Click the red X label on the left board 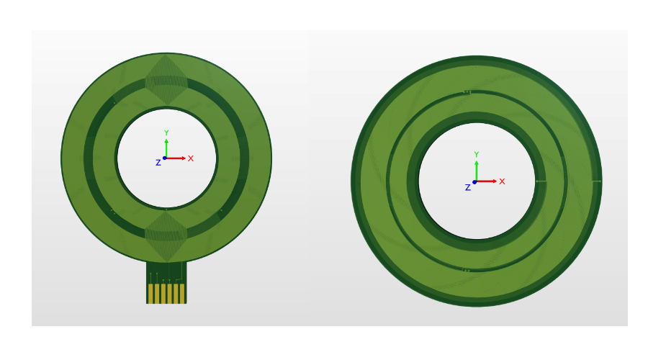pos(191,158)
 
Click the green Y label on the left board pos(166,133)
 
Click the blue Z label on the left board pos(158,163)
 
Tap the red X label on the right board pos(502,181)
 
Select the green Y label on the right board pos(476,155)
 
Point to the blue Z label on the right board pos(467,187)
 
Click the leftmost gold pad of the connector pos(150,293)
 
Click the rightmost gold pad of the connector pos(182,293)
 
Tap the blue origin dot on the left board pos(165,158)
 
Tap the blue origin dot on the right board pos(474,181)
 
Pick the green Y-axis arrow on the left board pos(166,147)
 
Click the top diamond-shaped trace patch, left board pos(166,80)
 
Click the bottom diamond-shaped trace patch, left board pos(166,235)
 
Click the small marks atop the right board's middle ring pos(467,92)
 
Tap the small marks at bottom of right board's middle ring pos(467,271)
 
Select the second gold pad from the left pos(157,293)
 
